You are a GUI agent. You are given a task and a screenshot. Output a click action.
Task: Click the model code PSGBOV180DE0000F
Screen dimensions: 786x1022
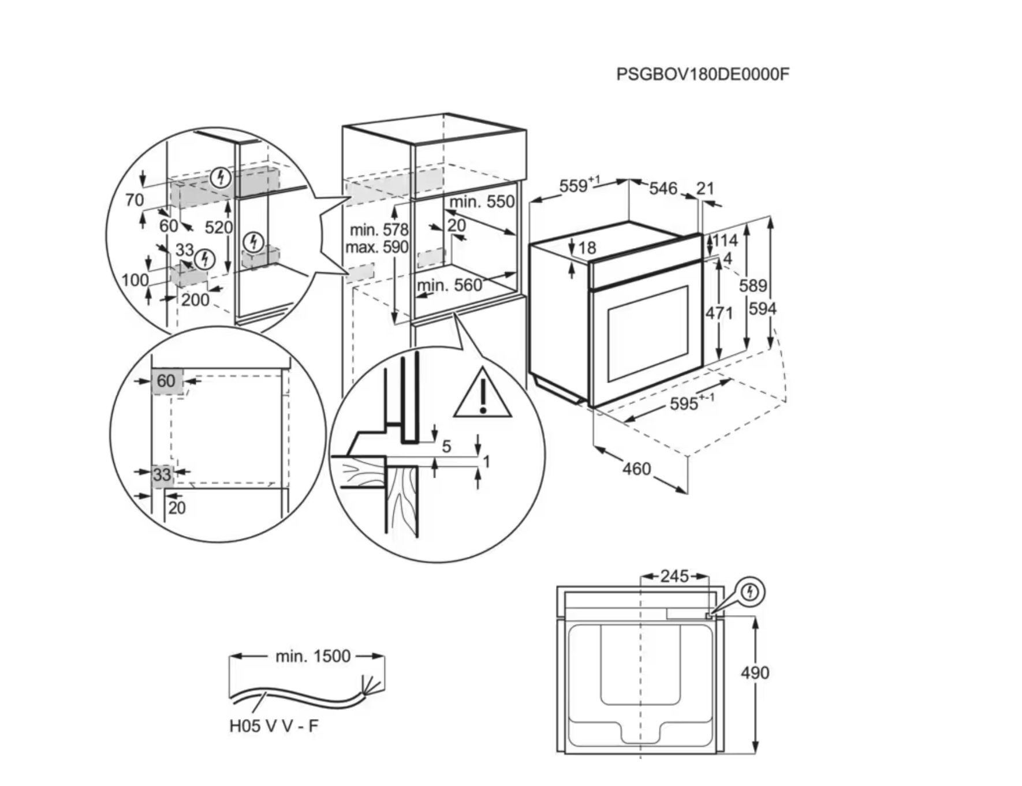[702, 74]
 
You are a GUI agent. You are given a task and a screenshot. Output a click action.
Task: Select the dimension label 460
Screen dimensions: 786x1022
[636, 469]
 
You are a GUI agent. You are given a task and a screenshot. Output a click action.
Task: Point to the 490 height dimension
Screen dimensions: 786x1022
[755, 672]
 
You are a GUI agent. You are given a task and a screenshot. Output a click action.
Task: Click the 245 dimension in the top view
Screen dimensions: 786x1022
[674, 576]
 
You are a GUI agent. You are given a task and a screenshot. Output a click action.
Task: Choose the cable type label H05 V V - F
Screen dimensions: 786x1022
[274, 725]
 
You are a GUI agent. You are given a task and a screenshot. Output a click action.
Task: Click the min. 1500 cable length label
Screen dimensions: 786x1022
[313, 656]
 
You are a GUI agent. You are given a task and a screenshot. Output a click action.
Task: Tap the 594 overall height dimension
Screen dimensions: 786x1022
[762, 309]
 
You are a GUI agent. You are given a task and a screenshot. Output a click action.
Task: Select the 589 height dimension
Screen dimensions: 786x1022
[753, 285]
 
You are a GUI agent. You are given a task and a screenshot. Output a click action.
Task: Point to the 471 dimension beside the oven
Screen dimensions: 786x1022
[719, 313]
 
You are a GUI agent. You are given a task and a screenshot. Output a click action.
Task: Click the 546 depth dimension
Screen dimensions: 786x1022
[663, 188]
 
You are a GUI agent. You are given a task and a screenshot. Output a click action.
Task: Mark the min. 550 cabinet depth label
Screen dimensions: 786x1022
[482, 201]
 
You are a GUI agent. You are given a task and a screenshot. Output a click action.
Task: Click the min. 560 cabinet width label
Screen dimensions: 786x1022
[449, 285]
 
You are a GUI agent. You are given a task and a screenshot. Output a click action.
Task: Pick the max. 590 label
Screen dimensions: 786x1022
[376, 248]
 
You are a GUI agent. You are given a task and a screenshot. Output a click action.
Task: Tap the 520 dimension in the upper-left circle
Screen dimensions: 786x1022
[218, 227]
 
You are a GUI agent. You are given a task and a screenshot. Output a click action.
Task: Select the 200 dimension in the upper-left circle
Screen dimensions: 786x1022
[195, 300]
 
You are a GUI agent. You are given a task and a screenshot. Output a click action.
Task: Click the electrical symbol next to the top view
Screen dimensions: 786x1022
[749, 592]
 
